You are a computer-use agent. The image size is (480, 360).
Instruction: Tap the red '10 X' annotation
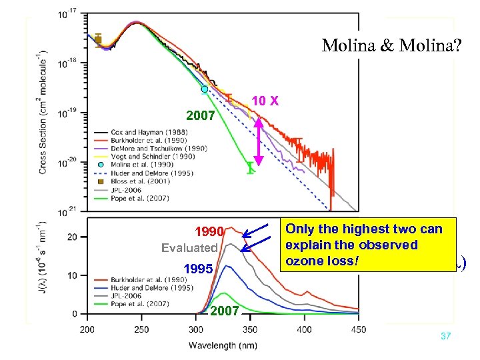click(266, 101)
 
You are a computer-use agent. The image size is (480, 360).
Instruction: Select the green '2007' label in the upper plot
click(200, 116)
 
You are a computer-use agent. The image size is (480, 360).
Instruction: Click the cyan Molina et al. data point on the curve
click(205, 89)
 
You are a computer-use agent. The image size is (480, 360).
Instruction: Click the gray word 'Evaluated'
click(190, 248)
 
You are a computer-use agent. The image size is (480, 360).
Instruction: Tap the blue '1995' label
click(199, 270)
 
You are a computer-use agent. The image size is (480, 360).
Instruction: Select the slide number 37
click(446, 337)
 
